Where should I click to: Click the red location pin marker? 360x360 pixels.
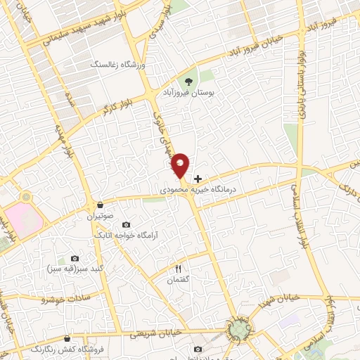(x=180, y=165)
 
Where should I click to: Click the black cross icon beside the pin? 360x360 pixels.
(x=198, y=179)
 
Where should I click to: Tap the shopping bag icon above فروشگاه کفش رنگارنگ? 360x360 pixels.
(x=67, y=338)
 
